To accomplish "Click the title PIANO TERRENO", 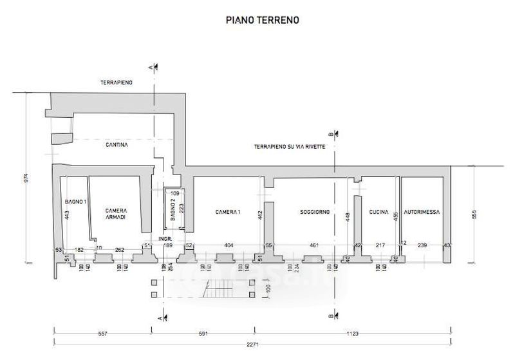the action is pos(262,20).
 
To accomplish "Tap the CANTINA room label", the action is pos(117,146).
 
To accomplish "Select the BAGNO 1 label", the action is pos(75,202).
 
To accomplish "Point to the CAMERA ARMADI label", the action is pos(115,214).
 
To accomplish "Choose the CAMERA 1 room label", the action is pos(227,212).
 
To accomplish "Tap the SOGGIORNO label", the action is pos(314,212).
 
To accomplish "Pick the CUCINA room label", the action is pos(379,212).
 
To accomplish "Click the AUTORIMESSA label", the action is pos(421,212).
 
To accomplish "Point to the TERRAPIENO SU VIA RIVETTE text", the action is pos(290,147).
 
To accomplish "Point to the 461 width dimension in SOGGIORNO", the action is pos(314,245).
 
